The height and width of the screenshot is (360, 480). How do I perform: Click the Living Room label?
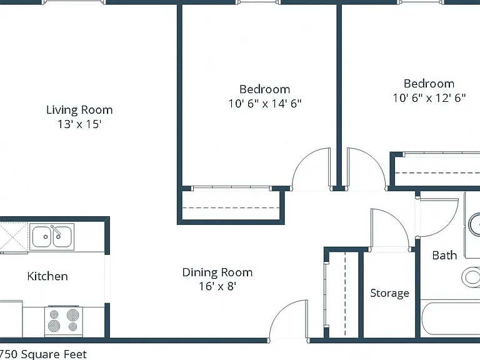79,110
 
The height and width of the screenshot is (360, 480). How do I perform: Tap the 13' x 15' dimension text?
79,124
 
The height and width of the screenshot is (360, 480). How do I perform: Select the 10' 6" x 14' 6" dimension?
265,104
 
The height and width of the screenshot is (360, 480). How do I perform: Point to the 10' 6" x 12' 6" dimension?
429,98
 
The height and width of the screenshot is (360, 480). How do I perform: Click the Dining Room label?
217,272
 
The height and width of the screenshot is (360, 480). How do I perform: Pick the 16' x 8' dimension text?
217,286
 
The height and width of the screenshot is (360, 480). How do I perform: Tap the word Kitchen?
47,276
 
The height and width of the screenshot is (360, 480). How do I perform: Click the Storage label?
390,293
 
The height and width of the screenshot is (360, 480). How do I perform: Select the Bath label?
444,255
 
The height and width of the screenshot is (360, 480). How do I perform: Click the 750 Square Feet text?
44,354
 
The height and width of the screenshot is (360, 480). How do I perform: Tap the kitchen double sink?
52,237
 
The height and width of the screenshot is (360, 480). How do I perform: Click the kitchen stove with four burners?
64,320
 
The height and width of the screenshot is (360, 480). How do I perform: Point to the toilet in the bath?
471,277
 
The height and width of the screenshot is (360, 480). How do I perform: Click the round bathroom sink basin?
474,225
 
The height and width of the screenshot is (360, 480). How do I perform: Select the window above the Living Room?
74,2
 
